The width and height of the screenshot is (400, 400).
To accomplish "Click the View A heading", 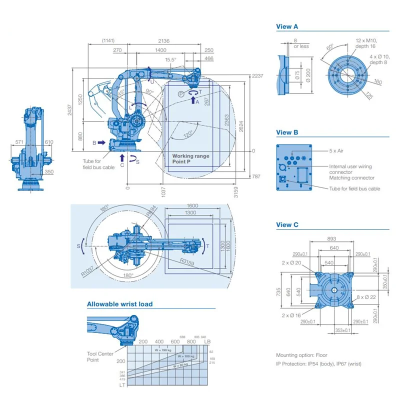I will tap(287, 26).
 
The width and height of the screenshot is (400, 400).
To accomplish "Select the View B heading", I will tap(287, 132).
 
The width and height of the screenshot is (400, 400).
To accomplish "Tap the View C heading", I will tap(287, 225).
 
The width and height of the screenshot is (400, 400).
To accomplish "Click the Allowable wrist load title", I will tap(119, 304).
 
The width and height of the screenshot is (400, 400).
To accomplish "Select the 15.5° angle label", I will tap(171, 59).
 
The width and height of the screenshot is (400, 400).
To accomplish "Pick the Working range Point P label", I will tap(190, 159).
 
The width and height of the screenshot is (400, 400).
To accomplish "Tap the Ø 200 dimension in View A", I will tap(308, 76).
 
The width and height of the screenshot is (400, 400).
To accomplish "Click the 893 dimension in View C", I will tap(331, 238).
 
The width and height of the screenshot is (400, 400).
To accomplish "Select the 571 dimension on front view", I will tap(19, 142).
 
